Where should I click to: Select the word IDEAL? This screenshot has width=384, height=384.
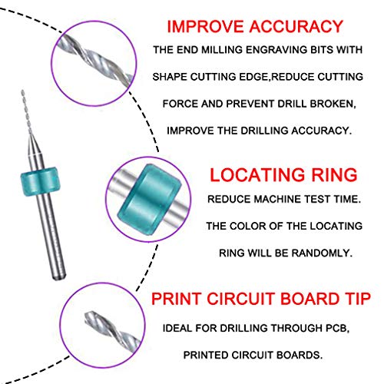tap(178, 328)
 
